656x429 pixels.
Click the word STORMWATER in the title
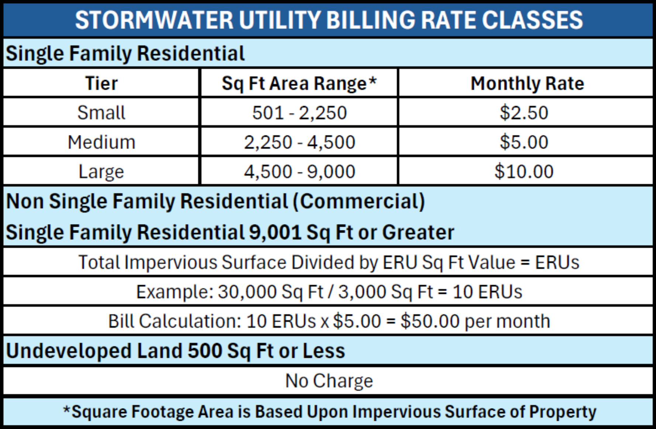(154, 20)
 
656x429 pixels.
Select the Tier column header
(101, 83)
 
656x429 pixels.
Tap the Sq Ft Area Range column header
(299, 83)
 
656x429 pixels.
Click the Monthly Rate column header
(527, 83)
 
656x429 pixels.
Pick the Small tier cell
(101, 113)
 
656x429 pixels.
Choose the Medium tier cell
(101, 142)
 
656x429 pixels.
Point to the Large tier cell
(101, 172)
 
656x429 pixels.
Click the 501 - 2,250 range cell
(299, 113)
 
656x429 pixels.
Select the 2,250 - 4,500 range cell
(299, 142)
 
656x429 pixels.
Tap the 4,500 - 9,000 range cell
(299, 172)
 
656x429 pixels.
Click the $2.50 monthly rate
(524, 113)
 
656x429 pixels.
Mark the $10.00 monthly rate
(524, 172)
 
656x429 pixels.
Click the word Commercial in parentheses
(359, 202)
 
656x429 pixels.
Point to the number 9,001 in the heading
(275, 233)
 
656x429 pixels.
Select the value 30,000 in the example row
(247, 292)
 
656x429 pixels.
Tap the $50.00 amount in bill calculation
(430, 321)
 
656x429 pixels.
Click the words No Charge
(329, 381)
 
